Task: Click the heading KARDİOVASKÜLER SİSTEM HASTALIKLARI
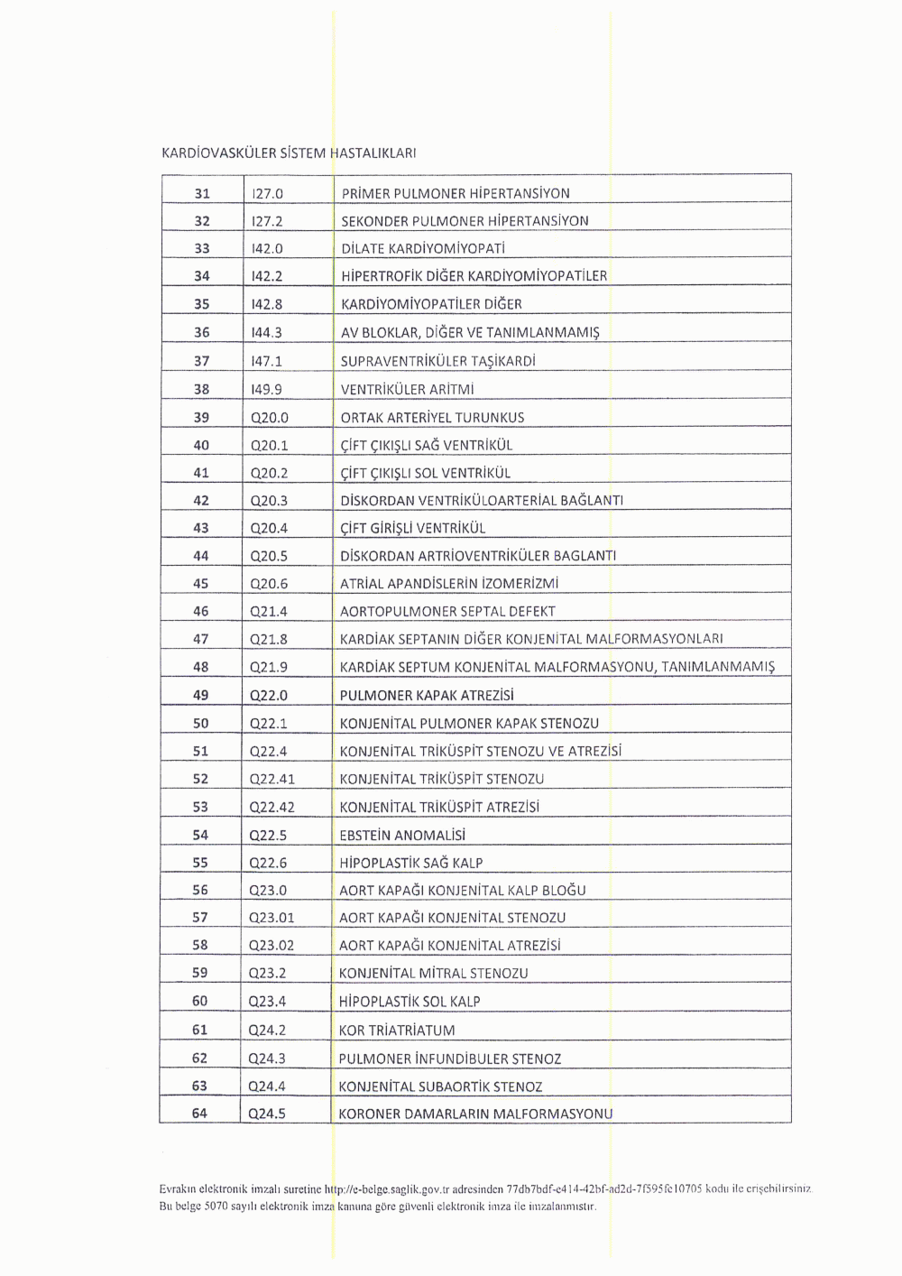(288, 153)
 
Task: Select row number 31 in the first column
(202, 193)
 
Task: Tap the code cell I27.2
(268, 221)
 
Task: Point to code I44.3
(267, 332)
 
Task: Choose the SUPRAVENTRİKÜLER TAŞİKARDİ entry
(438, 361)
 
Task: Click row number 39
(201, 417)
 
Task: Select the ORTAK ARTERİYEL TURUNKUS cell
(432, 417)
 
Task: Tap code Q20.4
(269, 528)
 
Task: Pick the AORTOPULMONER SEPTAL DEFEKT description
(447, 611)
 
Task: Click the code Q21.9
(269, 667)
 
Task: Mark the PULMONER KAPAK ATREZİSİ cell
(427, 695)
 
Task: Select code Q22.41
(272, 779)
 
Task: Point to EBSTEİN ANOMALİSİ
(402, 835)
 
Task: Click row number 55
(200, 863)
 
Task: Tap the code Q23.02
(272, 946)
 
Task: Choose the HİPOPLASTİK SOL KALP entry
(410, 1001)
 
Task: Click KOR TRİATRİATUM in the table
(397, 1030)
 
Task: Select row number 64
(199, 1114)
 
